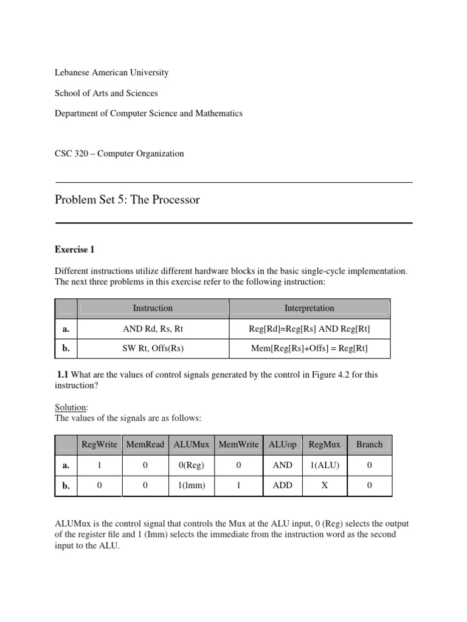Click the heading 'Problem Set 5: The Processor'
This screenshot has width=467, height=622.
pyautogui.click(x=127, y=200)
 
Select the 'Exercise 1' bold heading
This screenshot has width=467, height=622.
pyautogui.click(x=75, y=250)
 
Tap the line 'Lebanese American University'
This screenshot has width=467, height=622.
pyautogui.click(x=111, y=72)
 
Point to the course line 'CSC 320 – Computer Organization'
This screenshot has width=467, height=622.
pyautogui.click(x=119, y=154)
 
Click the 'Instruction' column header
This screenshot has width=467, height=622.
pyautogui.click(x=153, y=308)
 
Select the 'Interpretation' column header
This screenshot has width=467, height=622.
pyautogui.click(x=310, y=308)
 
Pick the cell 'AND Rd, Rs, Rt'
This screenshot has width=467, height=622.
pyautogui.click(x=153, y=329)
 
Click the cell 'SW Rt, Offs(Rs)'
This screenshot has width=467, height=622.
pyautogui.click(x=153, y=348)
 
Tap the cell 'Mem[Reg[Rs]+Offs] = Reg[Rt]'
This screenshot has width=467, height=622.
pyautogui.click(x=310, y=348)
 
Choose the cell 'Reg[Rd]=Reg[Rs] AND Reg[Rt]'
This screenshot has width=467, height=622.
pyautogui.click(x=310, y=329)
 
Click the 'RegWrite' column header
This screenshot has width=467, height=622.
pyautogui.click(x=99, y=445)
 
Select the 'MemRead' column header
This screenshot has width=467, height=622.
pyautogui.click(x=145, y=445)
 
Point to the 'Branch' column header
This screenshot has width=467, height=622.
pyautogui.click(x=369, y=445)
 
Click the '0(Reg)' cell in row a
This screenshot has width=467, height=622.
pyautogui.click(x=192, y=465)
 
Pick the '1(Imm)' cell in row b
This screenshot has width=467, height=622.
pyautogui.click(x=192, y=486)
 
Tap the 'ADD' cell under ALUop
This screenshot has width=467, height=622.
pyautogui.click(x=283, y=486)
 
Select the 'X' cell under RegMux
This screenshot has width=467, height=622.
pyautogui.click(x=324, y=486)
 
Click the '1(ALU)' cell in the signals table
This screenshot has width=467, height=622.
pyautogui.click(x=324, y=465)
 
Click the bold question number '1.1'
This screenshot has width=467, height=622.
pyautogui.click(x=64, y=375)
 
